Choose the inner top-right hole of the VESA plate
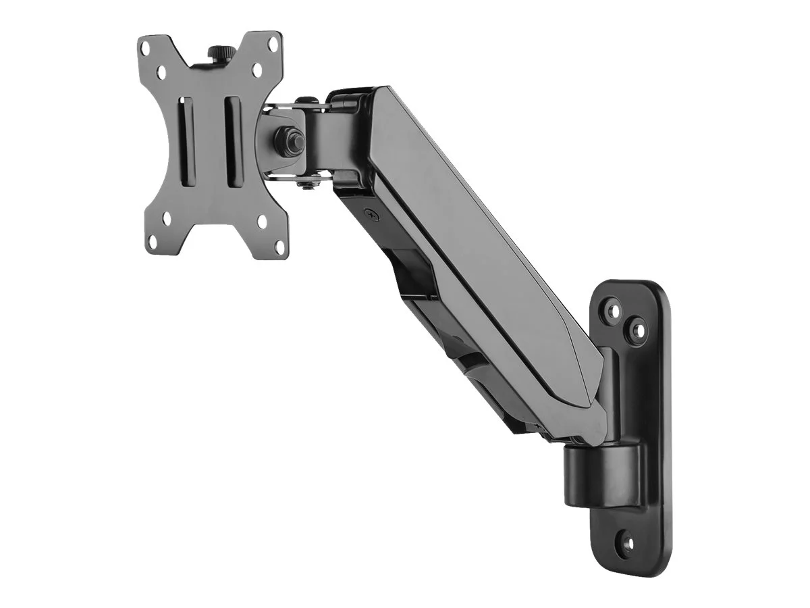click(x=256, y=69)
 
